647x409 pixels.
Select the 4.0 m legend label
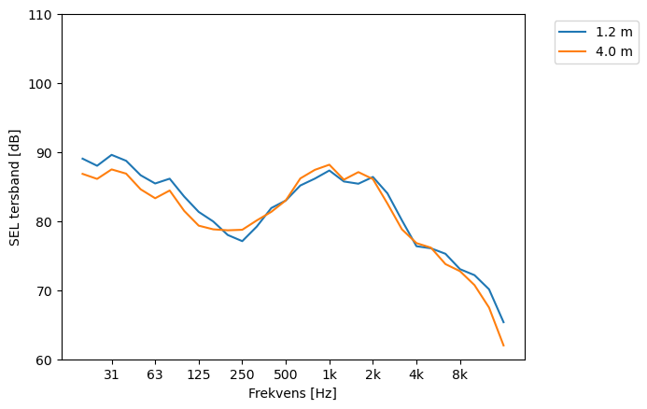(x=613, y=51)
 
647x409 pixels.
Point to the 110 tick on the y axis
(x=43, y=15)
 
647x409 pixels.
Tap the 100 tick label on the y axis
(x=43, y=84)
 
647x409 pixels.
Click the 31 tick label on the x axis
(x=112, y=374)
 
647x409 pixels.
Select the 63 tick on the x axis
(x=155, y=374)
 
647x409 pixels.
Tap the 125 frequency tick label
(x=198, y=374)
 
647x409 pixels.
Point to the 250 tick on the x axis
(x=242, y=374)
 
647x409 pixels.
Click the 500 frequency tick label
(x=286, y=374)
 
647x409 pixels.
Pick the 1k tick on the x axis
(x=330, y=374)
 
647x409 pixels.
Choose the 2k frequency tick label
(x=373, y=374)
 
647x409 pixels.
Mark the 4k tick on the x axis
(x=416, y=374)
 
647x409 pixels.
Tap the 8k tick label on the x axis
(x=459, y=374)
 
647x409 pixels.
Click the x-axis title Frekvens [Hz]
(x=292, y=394)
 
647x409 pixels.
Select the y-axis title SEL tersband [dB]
(x=14, y=188)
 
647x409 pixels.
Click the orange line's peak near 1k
(x=330, y=164)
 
